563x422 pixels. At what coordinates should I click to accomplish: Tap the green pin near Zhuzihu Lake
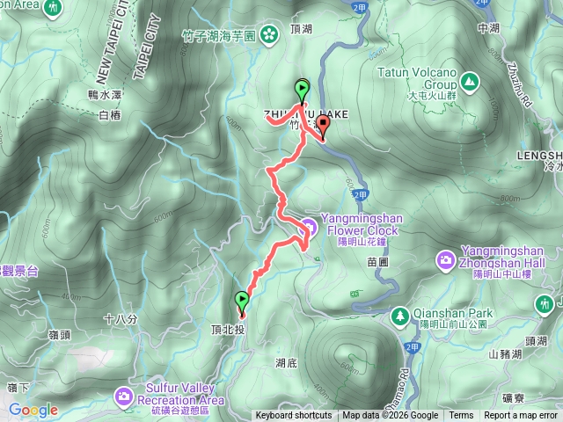point(303,89)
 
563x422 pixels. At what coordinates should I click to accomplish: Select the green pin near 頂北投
point(242,303)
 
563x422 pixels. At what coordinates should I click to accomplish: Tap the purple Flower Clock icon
point(308,225)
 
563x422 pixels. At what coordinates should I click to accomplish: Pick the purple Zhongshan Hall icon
point(446,259)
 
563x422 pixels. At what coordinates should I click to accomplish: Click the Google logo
point(33,410)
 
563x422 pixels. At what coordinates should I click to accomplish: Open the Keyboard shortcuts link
point(293,416)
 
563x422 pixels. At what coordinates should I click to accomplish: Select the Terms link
point(461,416)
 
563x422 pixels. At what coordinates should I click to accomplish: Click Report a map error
point(521,416)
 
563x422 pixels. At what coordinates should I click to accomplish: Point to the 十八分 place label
point(121,320)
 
